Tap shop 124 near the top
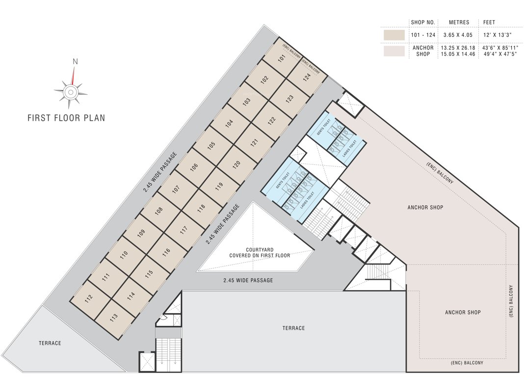click(306, 77)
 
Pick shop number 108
click(158, 212)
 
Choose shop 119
click(219, 186)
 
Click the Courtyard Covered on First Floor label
click(260, 252)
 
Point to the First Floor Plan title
click(66, 118)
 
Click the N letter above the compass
click(75, 61)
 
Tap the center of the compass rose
click(71, 92)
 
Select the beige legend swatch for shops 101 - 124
click(394, 35)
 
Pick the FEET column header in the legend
click(489, 23)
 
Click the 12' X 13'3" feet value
click(496, 35)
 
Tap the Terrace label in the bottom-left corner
click(50, 343)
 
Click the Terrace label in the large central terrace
click(293, 328)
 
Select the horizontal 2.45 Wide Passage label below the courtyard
click(248, 280)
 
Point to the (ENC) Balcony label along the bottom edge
click(467, 363)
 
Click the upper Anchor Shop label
click(425, 207)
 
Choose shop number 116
click(166, 252)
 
